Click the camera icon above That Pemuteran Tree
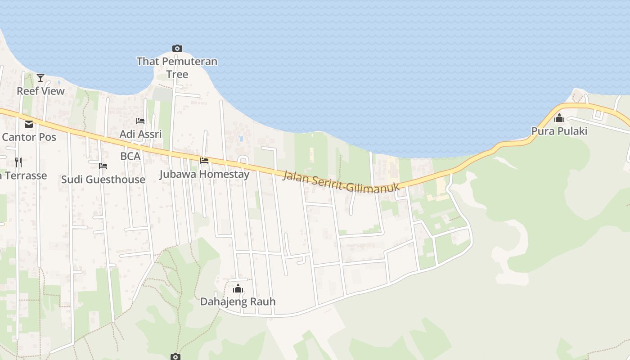pyautogui.click(x=177, y=48)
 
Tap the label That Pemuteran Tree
pyautogui.click(x=177, y=67)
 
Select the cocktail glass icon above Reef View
pyautogui.click(x=40, y=78)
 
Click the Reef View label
pyautogui.click(x=40, y=91)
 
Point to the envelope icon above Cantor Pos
pyautogui.click(x=29, y=124)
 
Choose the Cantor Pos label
pyautogui.click(x=29, y=137)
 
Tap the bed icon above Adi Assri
pyautogui.click(x=140, y=121)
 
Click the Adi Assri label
pyautogui.click(x=140, y=134)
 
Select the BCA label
pyautogui.click(x=130, y=156)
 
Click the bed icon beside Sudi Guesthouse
pyautogui.click(x=103, y=166)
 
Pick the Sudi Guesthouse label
pyautogui.click(x=103, y=180)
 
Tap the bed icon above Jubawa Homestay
pyautogui.click(x=204, y=160)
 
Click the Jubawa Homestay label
pyautogui.click(x=204, y=174)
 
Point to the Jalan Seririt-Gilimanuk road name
pyautogui.click(x=341, y=182)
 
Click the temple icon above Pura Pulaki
pyautogui.click(x=559, y=118)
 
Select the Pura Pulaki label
pyautogui.click(x=559, y=131)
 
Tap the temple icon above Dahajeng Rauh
pyautogui.click(x=238, y=288)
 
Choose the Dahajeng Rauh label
pyautogui.click(x=238, y=301)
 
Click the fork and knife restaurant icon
pyautogui.click(x=18, y=162)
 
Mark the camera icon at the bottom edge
pyautogui.click(x=175, y=357)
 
